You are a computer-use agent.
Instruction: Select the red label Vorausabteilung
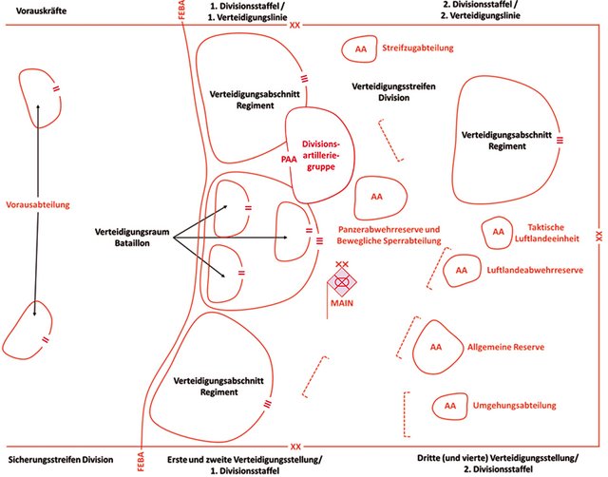[x=39, y=203]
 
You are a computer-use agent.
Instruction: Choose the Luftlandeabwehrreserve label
[x=534, y=270]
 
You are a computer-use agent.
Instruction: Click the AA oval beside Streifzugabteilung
[x=360, y=48]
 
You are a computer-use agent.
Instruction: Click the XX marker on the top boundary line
[x=295, y=24]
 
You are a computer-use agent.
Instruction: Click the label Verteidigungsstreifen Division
[x=393, y=91]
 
